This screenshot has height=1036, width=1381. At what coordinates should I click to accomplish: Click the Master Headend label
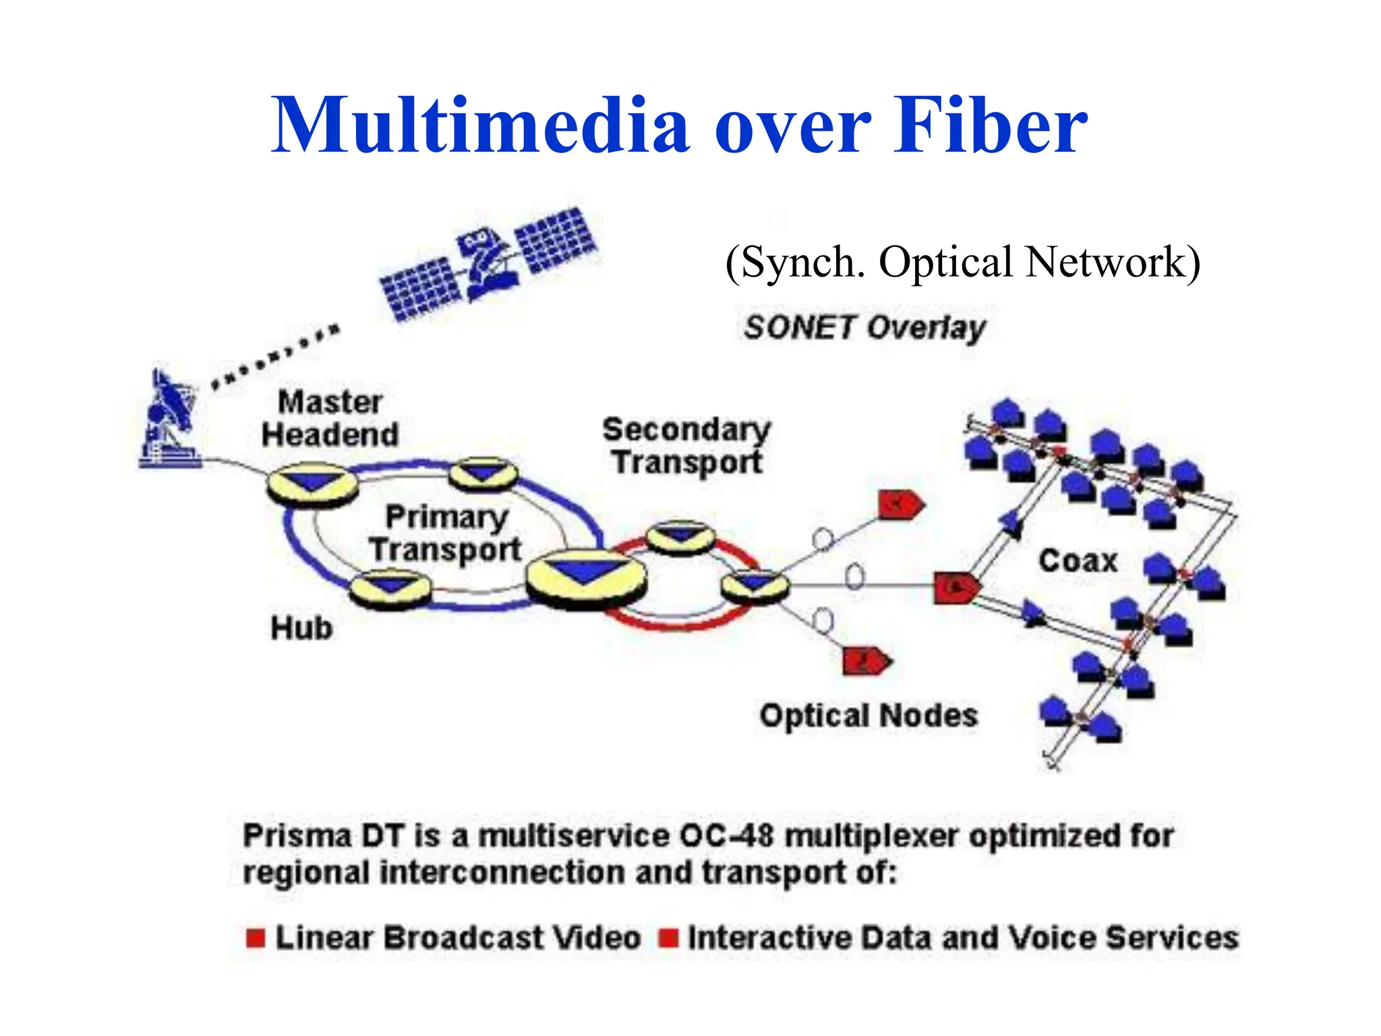click(330, 419)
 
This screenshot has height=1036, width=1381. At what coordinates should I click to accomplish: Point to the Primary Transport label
click(446, 534)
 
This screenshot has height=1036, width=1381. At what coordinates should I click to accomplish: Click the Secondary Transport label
click(686, 446)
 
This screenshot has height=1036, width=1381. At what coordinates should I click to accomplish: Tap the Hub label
click(301, 629)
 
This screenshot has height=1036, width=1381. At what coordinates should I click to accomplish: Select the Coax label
click(1078, 561)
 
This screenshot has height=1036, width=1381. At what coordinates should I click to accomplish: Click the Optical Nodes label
click(869, 716)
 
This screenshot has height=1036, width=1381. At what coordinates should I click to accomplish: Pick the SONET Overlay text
click(864, 328)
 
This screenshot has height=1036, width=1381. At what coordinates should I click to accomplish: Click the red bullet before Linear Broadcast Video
click(256, 938)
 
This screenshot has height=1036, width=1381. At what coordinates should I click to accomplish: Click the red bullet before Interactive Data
click(668, 938)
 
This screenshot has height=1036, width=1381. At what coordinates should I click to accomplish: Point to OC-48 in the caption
click(727, 837)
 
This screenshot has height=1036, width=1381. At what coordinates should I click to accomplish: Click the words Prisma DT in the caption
click(323, 837)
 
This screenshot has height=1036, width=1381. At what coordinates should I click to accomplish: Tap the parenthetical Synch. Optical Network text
click(962, 262)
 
